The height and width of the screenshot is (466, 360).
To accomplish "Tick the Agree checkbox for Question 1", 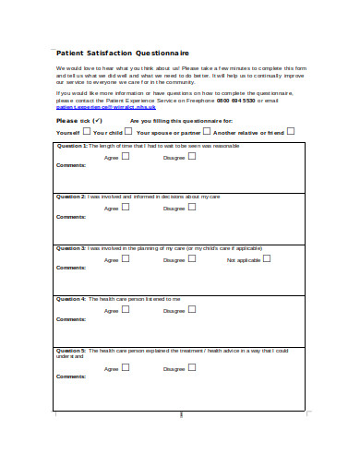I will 126,156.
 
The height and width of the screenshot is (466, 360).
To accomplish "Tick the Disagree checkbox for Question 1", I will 195,156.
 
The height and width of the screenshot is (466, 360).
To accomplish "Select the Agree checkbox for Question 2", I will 126,208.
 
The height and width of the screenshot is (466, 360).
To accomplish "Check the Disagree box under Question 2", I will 195,208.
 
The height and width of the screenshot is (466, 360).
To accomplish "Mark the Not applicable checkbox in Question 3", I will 267,259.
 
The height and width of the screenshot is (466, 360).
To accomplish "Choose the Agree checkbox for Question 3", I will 126,259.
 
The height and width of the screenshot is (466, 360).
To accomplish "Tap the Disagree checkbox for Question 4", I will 195,310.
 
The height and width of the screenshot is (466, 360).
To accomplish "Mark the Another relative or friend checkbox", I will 291,131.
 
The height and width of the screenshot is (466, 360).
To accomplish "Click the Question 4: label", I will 72,299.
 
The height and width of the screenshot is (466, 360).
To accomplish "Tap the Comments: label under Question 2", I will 71,217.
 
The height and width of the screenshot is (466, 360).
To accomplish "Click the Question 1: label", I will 72,146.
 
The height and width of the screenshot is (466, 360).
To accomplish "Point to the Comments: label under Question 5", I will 71,376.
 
